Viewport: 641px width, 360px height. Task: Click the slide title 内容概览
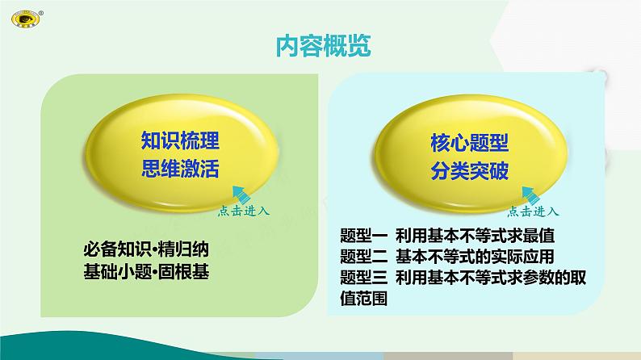point(320,47)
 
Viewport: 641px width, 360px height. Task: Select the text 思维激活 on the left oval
point(179,169)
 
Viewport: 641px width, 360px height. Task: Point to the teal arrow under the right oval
point(530,195)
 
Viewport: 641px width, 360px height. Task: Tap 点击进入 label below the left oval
point(244,211)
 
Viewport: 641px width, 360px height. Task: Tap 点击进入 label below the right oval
point(534,211)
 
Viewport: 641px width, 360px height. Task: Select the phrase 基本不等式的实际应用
point(476,257)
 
